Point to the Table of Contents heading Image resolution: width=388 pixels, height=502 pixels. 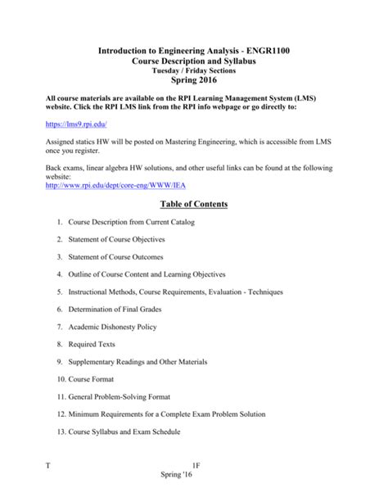(x=194, y=204)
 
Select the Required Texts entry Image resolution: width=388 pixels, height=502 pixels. (x=92, y=344)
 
